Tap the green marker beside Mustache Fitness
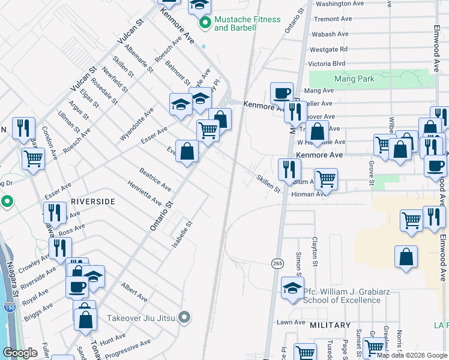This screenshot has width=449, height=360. coord(205,23)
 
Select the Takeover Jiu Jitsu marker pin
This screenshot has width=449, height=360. coord(185,317)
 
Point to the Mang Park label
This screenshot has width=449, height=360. coord(354,79)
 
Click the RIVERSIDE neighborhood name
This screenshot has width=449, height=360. coord(92,202)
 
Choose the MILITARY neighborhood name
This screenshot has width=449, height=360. coord(330,325)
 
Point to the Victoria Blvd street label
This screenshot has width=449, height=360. coord(327,64)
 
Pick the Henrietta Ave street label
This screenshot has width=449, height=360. coord(144,192)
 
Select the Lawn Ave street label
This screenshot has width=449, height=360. coord(291,322)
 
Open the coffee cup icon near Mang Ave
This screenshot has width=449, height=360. coord(282,93)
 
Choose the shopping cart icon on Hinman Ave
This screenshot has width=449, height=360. coord(325,178)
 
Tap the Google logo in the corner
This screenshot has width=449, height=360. coord(20,353)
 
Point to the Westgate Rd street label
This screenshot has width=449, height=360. coord(328,49)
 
